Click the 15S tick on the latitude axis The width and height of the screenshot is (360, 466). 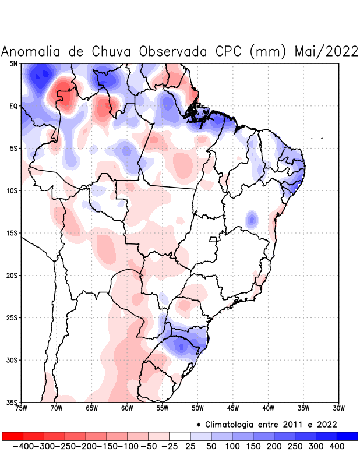(12, 233)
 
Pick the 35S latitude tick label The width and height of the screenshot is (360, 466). (12, 402)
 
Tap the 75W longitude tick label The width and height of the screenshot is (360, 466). (22, 408)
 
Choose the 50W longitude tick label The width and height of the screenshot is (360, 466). (197, 408)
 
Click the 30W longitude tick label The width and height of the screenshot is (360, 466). (338, 408)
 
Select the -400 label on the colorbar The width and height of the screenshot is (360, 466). (22, 446)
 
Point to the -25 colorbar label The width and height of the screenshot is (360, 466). (170, 446)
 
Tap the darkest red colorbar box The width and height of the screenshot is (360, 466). (12, 436)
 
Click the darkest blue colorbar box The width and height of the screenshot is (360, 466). (348, 436)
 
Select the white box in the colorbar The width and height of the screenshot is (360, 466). (180, 436)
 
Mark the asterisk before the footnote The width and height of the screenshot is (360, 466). (199, 424)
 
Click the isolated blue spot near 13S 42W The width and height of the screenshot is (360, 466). (252, 220)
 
